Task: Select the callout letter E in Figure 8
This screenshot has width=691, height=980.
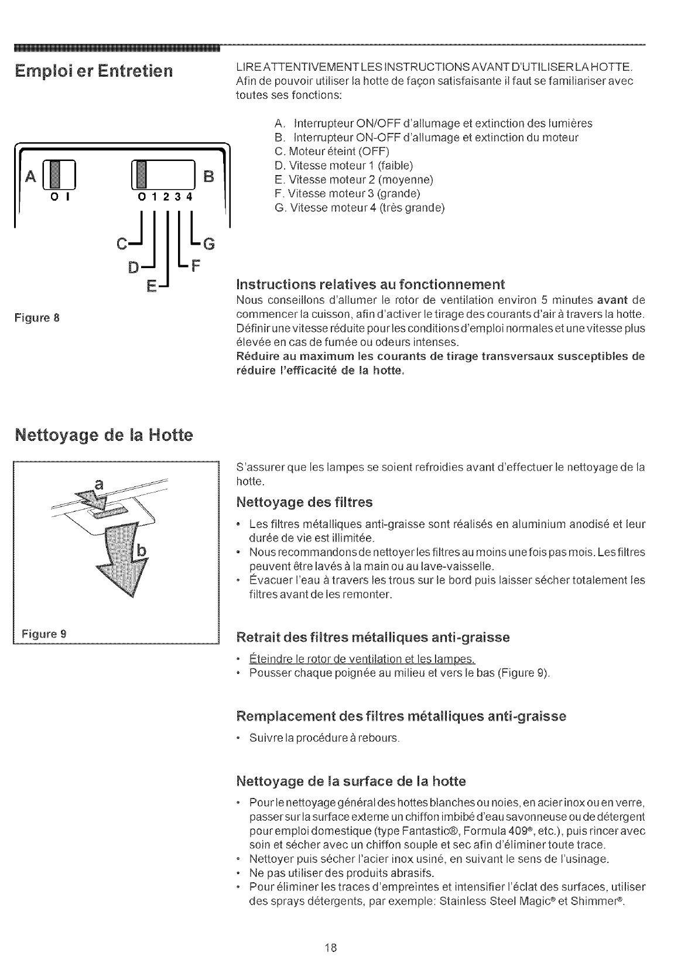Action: [151, 286]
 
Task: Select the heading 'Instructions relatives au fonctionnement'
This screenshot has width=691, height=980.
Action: [369, 285]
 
